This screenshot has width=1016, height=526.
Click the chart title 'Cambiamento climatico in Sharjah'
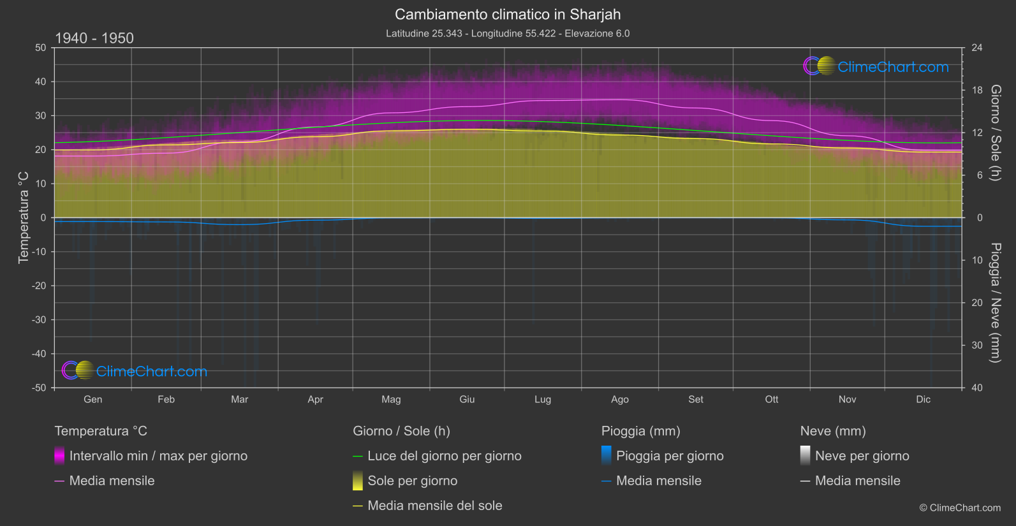tap(508, 14)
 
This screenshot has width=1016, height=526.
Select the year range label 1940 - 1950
tap(94, 38)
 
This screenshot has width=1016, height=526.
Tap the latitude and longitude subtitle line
tap(508, 33)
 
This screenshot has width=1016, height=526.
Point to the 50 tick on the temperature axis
tap(41, 48)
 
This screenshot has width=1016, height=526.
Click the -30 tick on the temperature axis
tap(39, 319)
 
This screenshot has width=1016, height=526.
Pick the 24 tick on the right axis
tap(976, 48)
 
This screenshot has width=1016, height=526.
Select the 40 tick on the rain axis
tap(976, 388)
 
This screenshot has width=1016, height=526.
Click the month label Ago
tap(619, 399)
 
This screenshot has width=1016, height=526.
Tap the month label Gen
tap(92, 399)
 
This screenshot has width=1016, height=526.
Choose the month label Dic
tap(923, 399)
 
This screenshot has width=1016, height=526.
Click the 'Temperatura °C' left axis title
tap(24, 217)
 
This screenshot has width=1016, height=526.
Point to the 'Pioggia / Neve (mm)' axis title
tap(995, 303)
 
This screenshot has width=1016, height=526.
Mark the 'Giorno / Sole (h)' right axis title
tap(995, 133)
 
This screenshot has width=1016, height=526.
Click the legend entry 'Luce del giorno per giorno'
tap(444, 456)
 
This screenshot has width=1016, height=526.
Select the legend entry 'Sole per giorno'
tap(412, 481)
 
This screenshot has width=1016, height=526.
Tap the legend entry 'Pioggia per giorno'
tap(670, 456)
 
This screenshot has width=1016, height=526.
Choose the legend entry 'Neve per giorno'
tap(862, 456)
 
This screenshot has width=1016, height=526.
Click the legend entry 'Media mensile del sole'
tap(434, 506)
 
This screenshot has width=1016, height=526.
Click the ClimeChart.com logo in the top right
tap(876, 66)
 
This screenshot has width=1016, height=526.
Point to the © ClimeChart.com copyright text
tap(960, 508)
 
